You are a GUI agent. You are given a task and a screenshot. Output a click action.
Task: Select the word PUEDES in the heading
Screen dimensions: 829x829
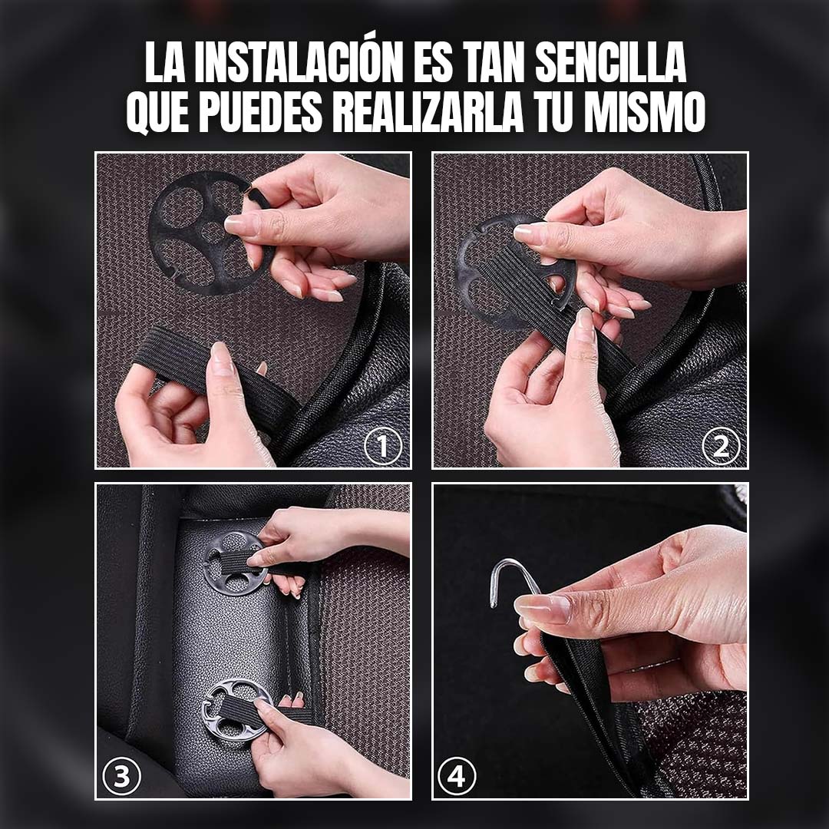point(260,111)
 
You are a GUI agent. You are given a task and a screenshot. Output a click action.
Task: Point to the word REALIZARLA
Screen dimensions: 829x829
point(428,111)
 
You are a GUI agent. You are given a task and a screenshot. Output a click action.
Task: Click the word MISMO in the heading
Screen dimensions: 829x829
point(644,111)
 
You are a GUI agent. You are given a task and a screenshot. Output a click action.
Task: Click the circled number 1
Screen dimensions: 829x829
point(383,447)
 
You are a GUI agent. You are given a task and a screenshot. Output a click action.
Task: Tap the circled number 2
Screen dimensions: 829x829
point(721,447)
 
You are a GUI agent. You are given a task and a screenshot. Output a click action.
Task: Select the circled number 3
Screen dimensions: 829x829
point(121,777)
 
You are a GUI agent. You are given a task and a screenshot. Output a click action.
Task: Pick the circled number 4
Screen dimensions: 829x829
point(457,777)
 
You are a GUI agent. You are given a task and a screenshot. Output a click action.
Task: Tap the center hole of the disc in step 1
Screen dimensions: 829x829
point(212,232)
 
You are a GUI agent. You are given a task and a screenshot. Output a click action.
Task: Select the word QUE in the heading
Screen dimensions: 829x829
point(157,112)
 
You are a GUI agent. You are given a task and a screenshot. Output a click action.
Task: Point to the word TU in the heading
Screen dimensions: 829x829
point(553,111)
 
